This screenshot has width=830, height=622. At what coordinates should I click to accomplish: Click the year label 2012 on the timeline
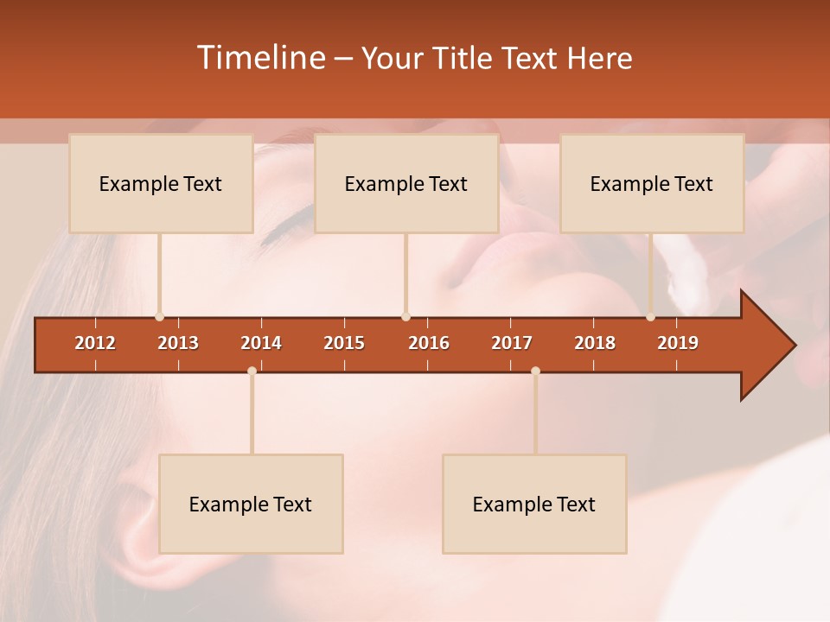pos(95,343)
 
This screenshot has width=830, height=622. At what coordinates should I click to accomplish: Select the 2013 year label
pos(178,343)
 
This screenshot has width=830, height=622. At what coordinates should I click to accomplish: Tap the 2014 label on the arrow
pos(261,343)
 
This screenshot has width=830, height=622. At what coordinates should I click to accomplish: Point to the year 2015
pos(344,343)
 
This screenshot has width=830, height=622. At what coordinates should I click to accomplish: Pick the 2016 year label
pos(429,343)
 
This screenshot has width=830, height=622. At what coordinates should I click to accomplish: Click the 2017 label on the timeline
pos(512,343)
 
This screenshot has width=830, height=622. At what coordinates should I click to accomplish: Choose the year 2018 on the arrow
pos(595,343)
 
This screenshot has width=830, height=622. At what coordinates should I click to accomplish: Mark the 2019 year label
pos(678,343)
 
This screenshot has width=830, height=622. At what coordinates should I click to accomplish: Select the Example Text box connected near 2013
pos(161,183)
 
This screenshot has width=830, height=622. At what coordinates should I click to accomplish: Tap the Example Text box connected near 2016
pos(406,183)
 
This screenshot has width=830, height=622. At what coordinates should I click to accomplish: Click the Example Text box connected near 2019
pos(652,183)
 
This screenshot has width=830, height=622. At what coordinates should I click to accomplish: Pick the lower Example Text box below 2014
pos(251,504)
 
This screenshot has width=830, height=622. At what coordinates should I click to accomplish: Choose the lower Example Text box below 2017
pos(534,504)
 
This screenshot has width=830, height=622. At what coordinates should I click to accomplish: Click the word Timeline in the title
pos(260,58)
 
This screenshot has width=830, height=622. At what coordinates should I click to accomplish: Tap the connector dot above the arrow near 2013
pos(159,317)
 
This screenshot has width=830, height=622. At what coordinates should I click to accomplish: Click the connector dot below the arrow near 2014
pos(252,371)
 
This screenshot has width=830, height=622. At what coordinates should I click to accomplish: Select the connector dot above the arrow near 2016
pos(405,317)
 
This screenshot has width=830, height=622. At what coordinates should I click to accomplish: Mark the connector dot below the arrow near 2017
pos(535,371)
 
